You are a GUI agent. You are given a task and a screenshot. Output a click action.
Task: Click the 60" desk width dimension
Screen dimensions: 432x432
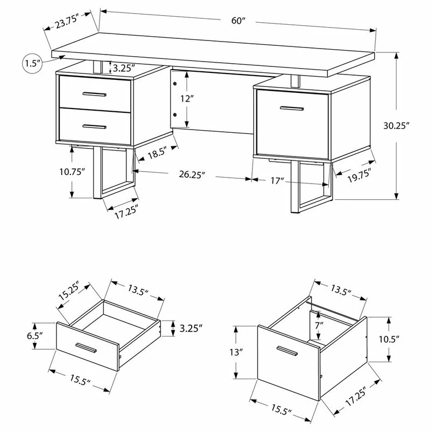[238, 21]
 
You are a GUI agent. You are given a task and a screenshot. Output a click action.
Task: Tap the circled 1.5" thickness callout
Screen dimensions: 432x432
[33, 63]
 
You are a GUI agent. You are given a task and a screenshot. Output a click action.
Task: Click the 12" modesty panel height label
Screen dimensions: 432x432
[187, 99]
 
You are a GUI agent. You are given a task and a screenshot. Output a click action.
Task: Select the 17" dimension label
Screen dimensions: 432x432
[278, 181]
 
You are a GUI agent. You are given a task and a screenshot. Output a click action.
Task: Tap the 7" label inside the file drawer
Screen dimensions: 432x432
[320, 325]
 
